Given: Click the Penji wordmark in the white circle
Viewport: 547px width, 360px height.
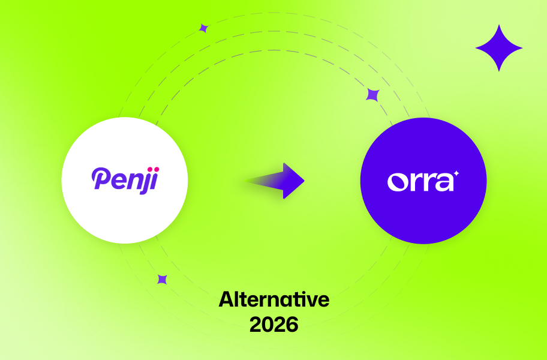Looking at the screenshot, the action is (x=124, y=179).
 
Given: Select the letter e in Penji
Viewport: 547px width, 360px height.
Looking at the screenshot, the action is (x=116, y=180).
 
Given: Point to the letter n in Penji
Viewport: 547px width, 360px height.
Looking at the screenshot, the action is (x=132, y=180).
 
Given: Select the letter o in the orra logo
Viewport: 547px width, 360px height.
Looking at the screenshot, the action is (x=398, y=181).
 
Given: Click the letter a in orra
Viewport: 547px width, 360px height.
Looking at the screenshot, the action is (x=444, y=181).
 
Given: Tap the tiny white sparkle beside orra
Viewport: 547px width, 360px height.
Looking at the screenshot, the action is (x=456, y=173).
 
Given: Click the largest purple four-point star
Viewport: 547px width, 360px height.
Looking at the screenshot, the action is (x=498, y=48).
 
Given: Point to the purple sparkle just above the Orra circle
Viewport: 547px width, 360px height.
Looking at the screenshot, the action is (x=372, y=95).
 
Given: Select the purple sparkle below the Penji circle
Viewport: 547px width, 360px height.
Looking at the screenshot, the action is (x=162, y=279).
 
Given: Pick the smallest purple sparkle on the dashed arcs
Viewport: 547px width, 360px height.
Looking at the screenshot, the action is (x=203, y=28).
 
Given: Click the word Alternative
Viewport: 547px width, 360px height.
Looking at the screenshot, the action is (x=273, y=299).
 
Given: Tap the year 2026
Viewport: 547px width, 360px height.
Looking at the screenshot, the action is (x=273, y=324).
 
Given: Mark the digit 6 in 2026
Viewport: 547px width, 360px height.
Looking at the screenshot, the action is (x=291, y=324).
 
